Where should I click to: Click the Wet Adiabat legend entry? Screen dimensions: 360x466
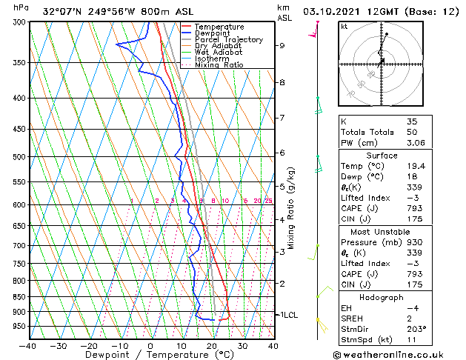pos(219,52)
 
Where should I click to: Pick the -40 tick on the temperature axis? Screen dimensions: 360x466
pos(28,346)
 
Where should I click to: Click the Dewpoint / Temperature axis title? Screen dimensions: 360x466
pos(150,356)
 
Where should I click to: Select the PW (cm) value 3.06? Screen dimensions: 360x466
pos(416,143)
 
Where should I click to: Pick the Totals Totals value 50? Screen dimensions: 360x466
pos(412,132)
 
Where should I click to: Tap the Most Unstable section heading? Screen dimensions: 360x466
pos(383,231)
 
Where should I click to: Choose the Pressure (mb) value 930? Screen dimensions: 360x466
pos(414,242)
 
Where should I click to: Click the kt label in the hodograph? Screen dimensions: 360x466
pos(344,27)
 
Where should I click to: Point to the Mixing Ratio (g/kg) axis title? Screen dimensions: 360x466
pos(292,207)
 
